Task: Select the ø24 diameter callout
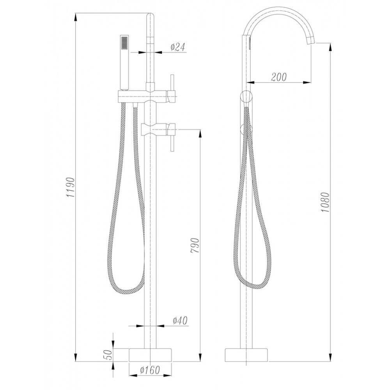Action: point(178,47)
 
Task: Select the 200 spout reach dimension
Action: point(278,77)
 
